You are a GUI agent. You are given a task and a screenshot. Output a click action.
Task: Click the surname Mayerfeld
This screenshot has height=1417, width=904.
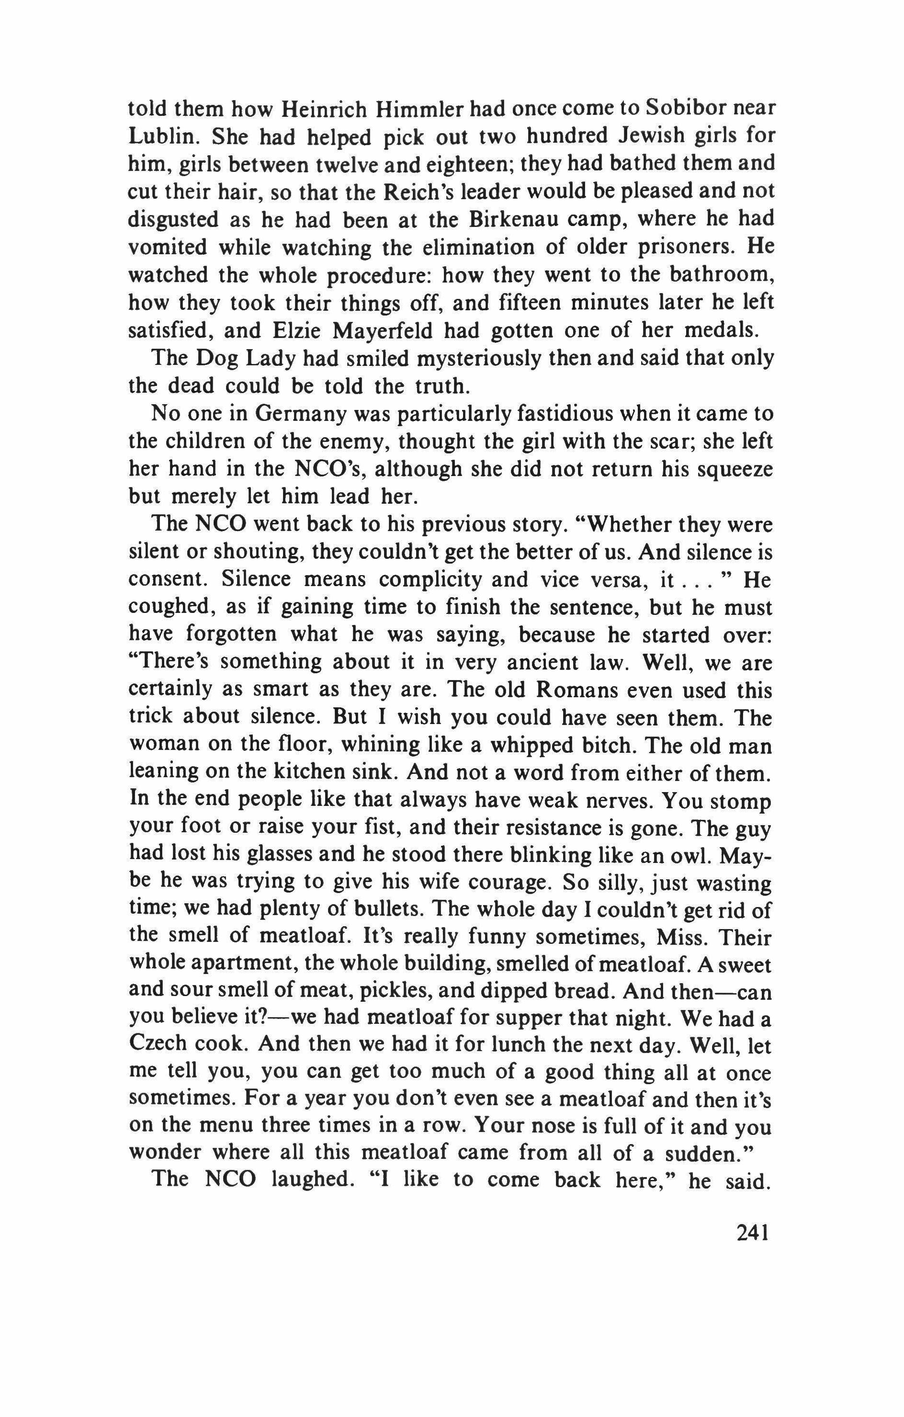(382, 331)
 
